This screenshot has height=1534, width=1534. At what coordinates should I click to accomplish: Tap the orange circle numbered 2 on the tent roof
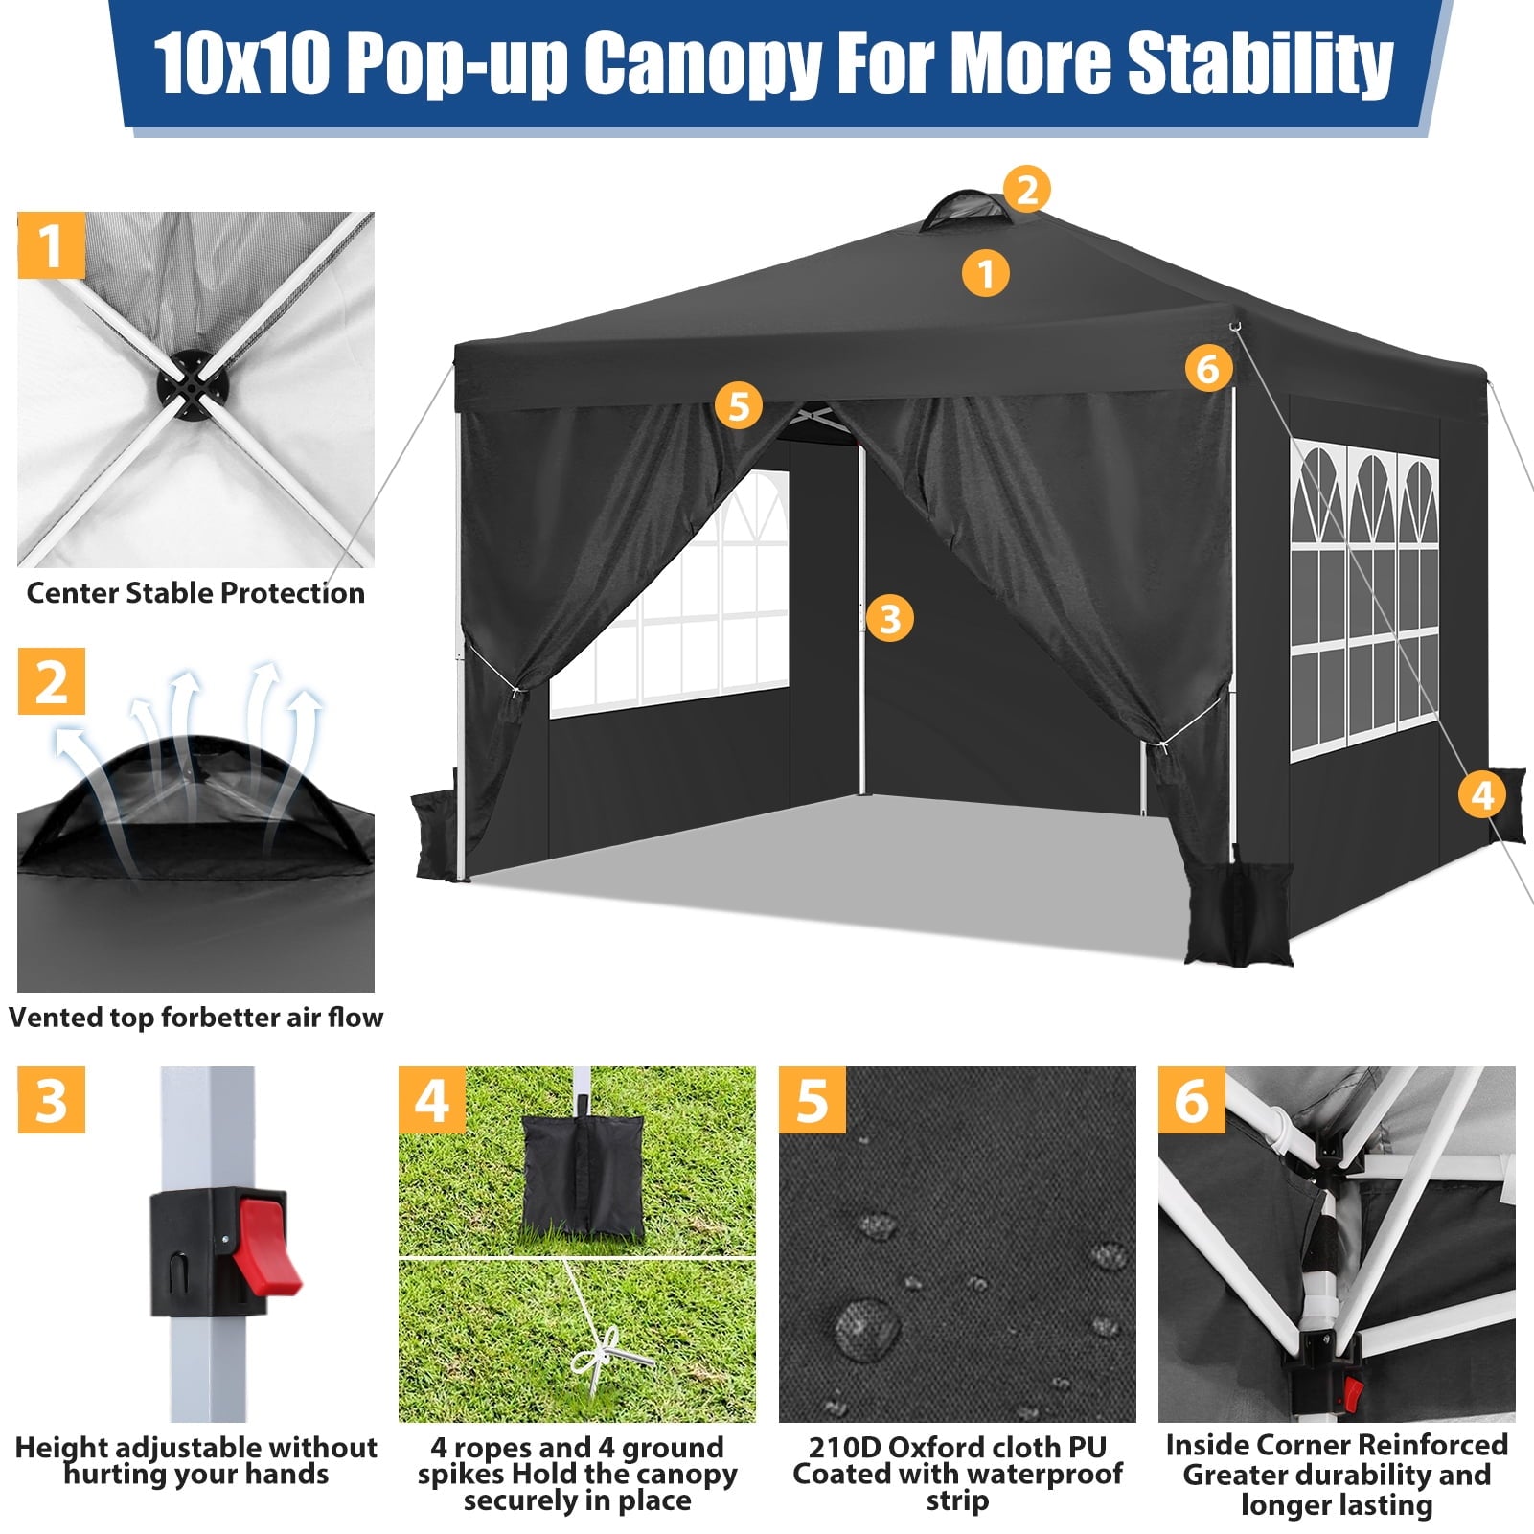click(x=1027, y=189)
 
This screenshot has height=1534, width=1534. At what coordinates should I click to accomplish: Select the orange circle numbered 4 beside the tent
click(x=1482, y=794)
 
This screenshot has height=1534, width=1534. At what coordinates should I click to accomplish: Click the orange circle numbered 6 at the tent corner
click(x=1208, y=368)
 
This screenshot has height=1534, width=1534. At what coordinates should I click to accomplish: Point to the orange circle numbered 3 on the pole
click(x=889, y=618)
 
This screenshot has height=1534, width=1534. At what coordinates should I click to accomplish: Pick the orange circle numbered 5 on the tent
click(x=738, y=405)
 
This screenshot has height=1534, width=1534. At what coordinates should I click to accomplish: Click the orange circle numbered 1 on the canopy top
click(x=985, y=273)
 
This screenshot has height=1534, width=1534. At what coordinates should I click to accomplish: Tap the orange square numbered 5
click(x=812, y=1100)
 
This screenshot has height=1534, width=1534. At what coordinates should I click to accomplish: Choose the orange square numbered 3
click(x=52, y=1100)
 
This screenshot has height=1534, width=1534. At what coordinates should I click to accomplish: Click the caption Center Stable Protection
click(x=195, y=593)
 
